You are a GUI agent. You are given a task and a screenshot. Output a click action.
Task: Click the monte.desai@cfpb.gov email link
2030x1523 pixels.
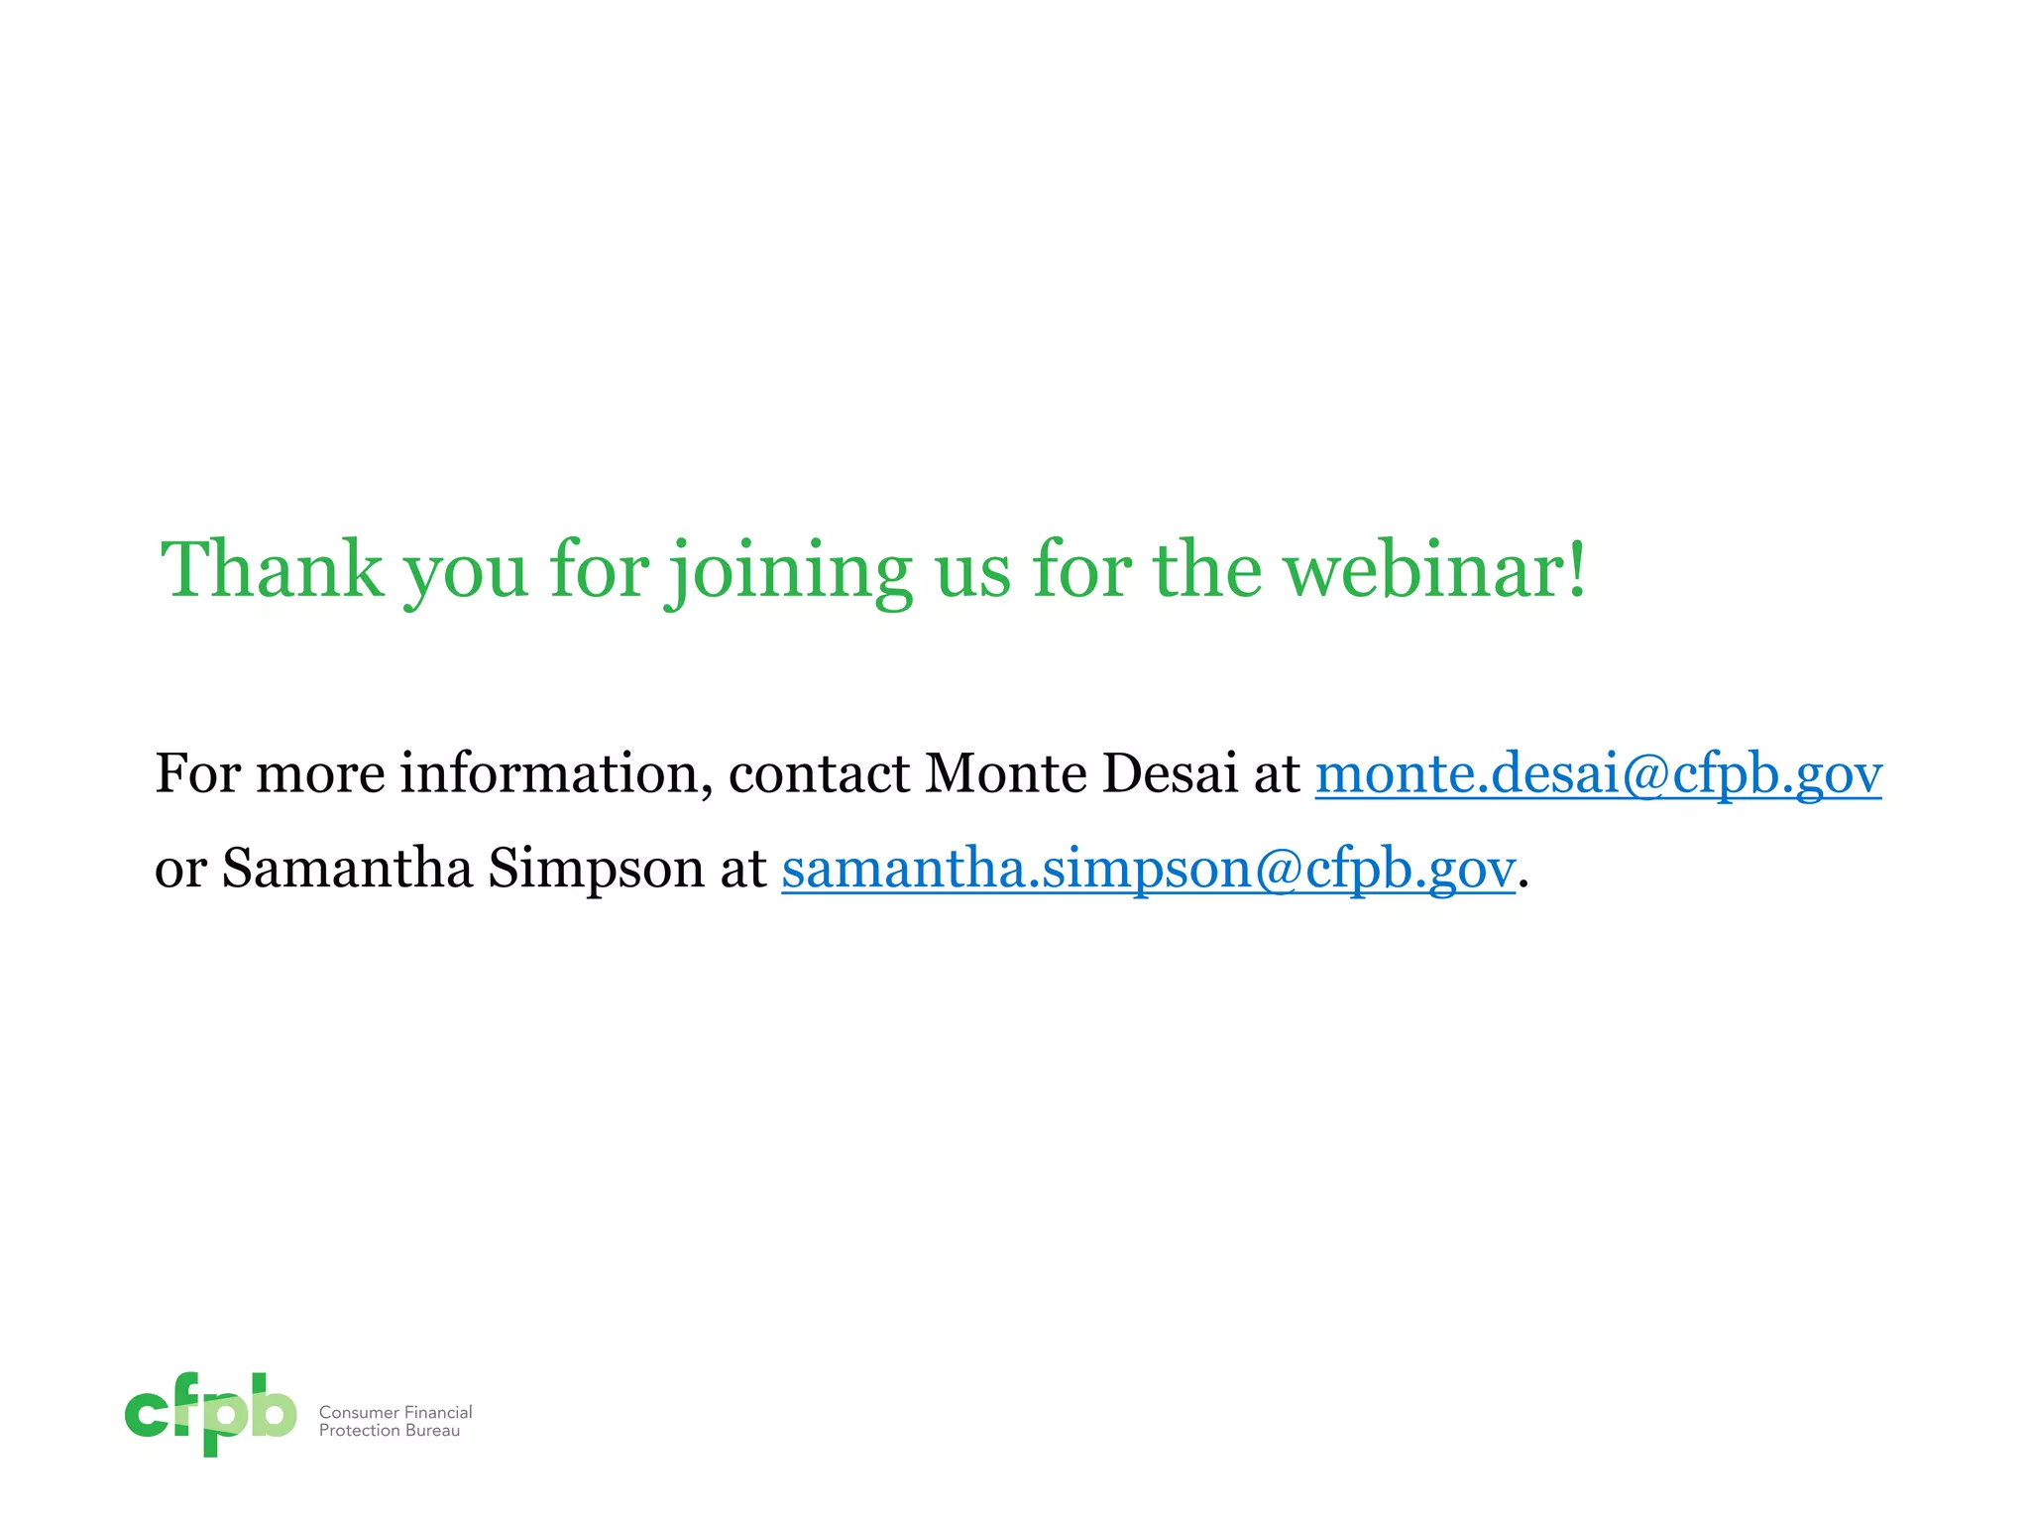click(1598, 773)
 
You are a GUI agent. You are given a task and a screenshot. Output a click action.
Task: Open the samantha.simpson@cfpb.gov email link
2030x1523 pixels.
click(1148, 869)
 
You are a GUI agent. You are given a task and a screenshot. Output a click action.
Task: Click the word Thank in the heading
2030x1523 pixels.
click(272, 569)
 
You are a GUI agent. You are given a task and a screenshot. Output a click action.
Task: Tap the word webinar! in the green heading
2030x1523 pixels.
click(1435, 569)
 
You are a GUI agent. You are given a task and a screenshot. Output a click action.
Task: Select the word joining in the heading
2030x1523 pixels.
click(789, 571)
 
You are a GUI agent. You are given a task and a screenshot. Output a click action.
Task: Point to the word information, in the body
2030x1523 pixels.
click(556, 773)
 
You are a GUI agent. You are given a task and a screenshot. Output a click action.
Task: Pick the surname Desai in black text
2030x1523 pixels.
click(1170, 773)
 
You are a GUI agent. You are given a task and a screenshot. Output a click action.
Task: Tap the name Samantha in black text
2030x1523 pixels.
click(347, 869)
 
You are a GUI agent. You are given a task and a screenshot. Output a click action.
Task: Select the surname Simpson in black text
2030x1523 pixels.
click(596, 869)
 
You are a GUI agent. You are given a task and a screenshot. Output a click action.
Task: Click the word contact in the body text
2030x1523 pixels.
click(819, 773)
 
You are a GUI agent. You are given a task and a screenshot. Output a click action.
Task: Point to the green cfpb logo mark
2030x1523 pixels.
click(210, 1414)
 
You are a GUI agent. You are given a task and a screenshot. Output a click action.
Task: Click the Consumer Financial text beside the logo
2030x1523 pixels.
click(395, 1412)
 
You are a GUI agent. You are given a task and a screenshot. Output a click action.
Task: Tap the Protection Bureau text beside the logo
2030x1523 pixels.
click(390, 1431)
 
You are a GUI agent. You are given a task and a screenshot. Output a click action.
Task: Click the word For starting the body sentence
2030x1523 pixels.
click(198, 773)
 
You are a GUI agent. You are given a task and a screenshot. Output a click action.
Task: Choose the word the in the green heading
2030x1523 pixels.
click(1206, 569)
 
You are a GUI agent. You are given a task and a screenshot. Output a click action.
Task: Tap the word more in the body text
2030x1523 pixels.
click(320, 773)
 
